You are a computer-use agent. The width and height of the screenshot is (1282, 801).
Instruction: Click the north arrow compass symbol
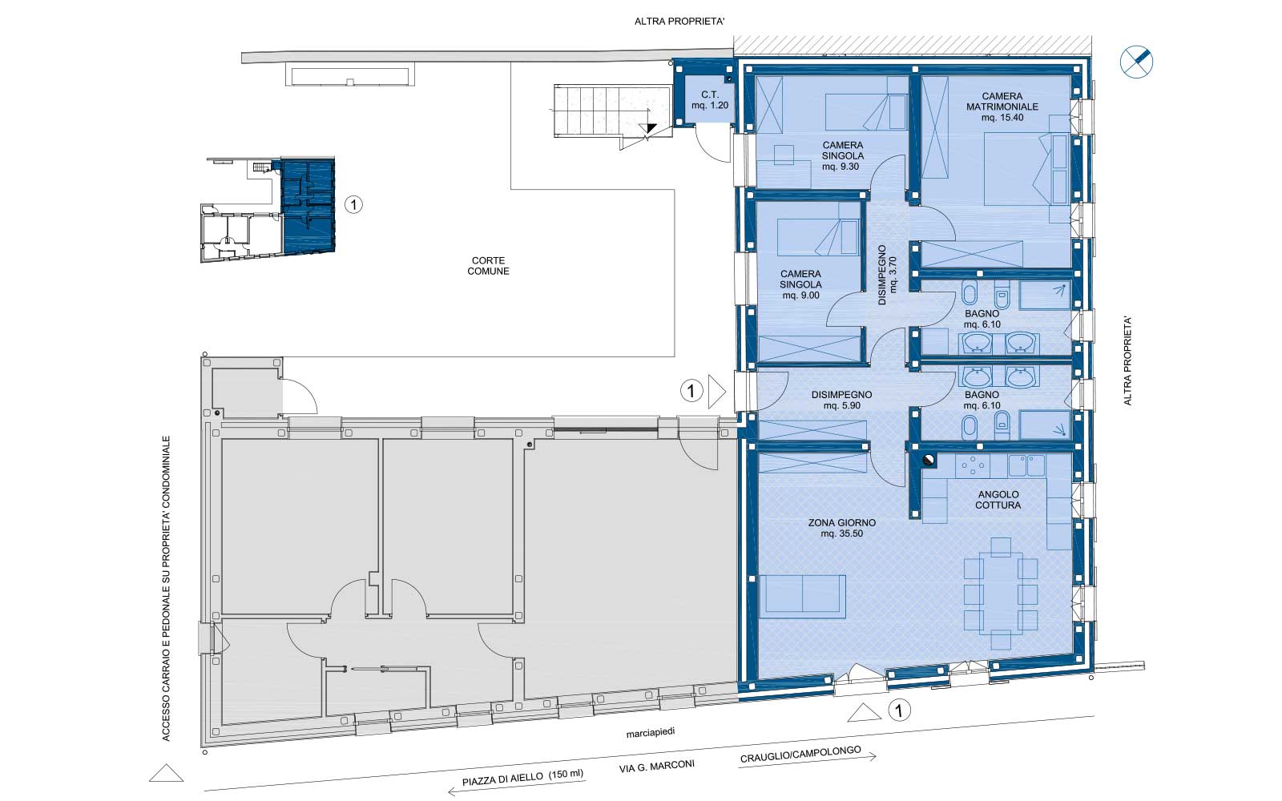[1136, 62]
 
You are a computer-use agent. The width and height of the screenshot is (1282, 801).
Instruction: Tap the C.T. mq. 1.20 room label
[710, 100]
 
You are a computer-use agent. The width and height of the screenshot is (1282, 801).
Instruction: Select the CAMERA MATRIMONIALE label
[1002, 101]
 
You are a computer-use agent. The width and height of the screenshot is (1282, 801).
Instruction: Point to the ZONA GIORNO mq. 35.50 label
[842, 528]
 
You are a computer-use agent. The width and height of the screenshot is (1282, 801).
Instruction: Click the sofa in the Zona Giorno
[802, 596]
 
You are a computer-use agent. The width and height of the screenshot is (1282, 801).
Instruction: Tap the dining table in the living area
[1001, 594]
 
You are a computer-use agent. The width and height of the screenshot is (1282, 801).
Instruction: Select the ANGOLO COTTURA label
[998, 500]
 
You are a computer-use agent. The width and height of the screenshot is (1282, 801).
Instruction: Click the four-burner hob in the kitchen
[972, 465]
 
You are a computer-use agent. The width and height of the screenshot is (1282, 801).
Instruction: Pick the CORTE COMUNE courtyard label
[488, 266]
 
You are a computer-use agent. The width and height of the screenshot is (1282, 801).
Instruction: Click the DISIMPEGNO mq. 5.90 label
[842, 400]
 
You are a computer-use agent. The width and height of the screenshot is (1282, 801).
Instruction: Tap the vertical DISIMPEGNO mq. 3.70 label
[887, 276]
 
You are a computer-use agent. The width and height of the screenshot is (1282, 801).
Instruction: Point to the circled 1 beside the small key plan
[353, 204]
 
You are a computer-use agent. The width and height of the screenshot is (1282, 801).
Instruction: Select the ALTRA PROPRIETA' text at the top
[679, 22]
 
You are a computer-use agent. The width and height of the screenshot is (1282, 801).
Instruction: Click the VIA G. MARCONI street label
[657, 766]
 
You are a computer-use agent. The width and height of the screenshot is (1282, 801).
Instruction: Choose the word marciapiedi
[651, 733]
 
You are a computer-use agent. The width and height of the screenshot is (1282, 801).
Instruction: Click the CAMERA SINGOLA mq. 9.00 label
[800, 284]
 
